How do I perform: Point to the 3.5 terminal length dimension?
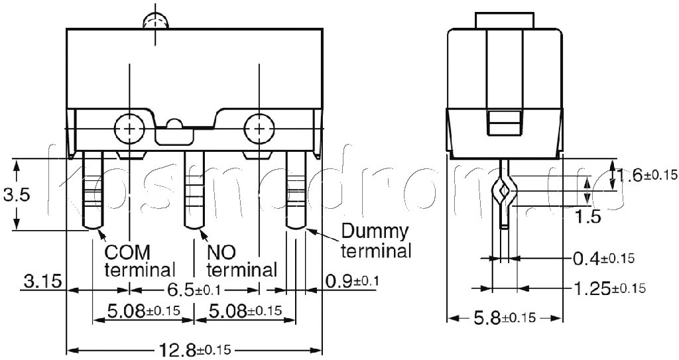17,194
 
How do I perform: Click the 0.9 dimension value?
351,282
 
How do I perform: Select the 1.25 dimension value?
609,288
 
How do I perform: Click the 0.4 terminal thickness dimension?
603,259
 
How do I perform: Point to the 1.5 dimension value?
587,216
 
